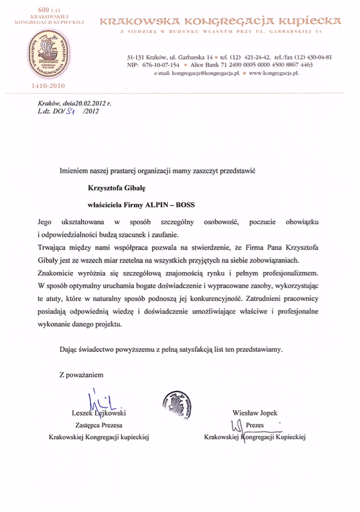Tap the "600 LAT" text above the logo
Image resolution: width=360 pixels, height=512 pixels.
(45, 6)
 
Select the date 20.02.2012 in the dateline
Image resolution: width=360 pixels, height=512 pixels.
(89, 104)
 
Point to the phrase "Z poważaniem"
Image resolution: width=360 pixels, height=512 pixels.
(80, 373)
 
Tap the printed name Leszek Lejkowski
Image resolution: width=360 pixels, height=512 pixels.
(97, 414)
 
